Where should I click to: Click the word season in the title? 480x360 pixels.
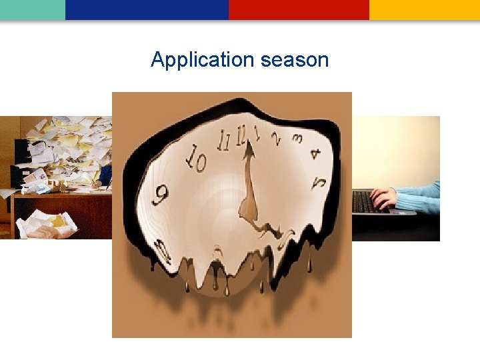295,60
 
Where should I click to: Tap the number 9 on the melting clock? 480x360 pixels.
160,195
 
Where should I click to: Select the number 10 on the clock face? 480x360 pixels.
197,159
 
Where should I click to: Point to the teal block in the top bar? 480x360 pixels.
32,9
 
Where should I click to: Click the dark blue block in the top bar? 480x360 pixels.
147,9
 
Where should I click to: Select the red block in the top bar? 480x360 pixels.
299,9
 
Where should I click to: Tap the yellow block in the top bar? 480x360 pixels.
424,9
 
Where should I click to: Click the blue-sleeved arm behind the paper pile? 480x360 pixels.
105,175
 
